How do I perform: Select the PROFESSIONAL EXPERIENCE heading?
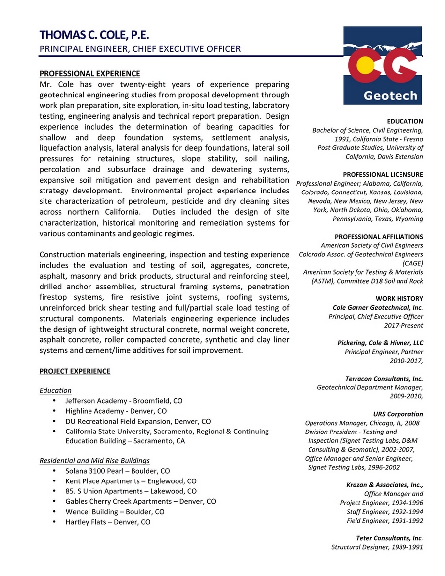[89, 73]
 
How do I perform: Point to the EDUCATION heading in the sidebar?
[405, 121]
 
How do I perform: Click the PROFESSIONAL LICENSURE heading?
[383, 174]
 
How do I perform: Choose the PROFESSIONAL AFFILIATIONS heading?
[379, 237]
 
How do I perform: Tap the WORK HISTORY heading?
[399, 298]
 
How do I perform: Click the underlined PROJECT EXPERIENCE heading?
[75, 371]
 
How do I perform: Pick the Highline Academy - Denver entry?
[116, 411]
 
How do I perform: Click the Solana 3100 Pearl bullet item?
[117, 471]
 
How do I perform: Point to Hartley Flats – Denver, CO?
[108, 522]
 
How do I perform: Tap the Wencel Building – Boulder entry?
[115, 512]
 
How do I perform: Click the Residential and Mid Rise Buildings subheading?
[94, 461]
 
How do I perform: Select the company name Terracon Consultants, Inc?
[384, 379]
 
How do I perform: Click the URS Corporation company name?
[398, 414]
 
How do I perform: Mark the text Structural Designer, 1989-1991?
[377, 547]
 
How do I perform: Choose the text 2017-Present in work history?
[403, 325]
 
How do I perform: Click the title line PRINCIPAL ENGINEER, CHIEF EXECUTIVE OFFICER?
[140, 49]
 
